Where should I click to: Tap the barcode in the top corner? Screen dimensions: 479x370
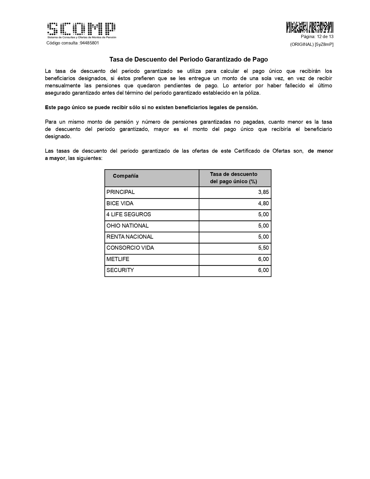pos(310,27)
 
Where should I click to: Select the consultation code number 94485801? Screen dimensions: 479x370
pos(89,43)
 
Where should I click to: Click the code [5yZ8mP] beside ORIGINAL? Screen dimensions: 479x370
pos(324,44)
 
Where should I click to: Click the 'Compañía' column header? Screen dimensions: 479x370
pos(126,176)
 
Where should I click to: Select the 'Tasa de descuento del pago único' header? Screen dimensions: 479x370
pos(234,178)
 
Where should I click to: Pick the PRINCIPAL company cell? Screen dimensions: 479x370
pos(121,192)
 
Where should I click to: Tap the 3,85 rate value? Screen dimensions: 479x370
pos(263,192)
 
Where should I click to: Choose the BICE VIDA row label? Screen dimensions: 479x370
pos(120,204)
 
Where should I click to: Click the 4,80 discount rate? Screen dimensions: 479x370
pos(263,204)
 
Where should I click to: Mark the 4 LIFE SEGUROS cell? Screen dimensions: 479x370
pos(129,215)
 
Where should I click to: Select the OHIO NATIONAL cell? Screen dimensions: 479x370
pos(127,226)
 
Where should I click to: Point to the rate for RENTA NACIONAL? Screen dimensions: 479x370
pos(263,237)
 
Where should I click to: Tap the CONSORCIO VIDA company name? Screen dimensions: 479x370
pos(130,248)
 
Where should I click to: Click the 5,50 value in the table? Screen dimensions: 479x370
pos(263,248)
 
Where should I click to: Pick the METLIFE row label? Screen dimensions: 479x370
pos(118,259)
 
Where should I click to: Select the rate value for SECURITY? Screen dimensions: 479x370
pos(263,270)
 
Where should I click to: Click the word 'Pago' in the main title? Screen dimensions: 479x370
pos(260,60)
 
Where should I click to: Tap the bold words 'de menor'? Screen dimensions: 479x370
pos(320,151)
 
